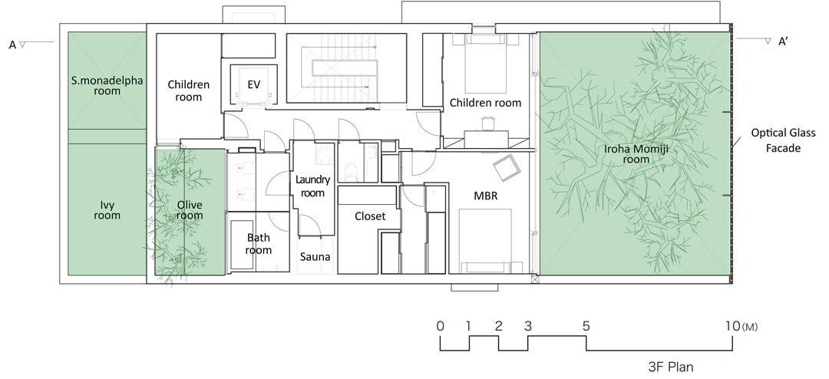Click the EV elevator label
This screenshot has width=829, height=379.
[254, 84]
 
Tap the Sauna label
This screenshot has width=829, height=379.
[315, 258]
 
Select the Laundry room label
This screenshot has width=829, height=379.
[312, 186]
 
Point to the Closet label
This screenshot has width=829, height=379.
[370, 216]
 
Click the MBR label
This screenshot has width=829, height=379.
[486, 196]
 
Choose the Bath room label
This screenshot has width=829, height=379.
[258, 244]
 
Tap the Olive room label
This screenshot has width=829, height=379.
[190, 210]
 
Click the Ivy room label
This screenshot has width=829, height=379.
[107, 210]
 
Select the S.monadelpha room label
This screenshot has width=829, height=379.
[107, 86]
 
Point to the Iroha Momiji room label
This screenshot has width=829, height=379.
[636, 154]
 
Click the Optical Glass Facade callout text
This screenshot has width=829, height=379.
[776, 140]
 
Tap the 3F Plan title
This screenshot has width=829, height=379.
[670, 366]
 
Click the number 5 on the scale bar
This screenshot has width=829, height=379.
[586, 327]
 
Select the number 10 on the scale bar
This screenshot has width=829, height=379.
[732, 327]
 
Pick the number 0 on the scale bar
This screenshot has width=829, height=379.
[441, 327]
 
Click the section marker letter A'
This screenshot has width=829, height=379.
[784, 42]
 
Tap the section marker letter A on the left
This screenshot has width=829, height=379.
[13, 45]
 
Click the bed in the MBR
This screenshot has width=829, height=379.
[485, 241]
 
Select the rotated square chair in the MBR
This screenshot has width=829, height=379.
[507, 167]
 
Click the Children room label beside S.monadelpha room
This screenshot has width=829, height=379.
[189, 91]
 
